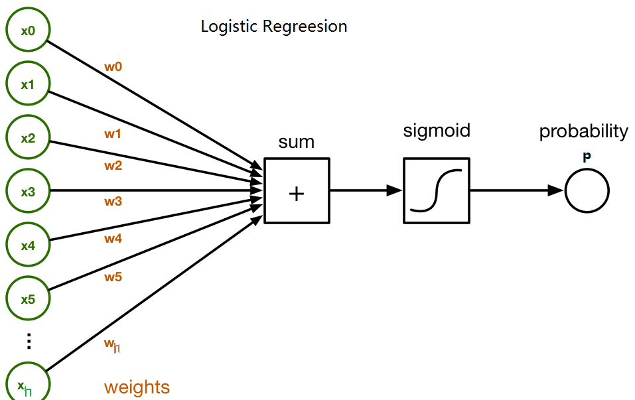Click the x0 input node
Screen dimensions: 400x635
[27, 31]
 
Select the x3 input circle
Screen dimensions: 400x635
[27, 192]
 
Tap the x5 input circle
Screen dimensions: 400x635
[27, 299]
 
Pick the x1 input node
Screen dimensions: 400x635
[27, 84]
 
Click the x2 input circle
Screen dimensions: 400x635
[27, 138]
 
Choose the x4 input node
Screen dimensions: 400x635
[27, 245]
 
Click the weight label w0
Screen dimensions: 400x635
[113, 67]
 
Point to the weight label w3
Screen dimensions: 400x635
[113, 201]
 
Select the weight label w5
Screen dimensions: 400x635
[113, 277]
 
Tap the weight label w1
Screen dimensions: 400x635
[113, 134]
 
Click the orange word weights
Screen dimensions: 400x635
[137, 387]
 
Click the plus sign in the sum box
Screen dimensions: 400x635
[297, 193]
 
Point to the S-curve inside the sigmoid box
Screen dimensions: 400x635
[436, 190]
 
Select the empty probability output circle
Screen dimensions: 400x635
[587, 191]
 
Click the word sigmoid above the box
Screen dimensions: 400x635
[436, 130]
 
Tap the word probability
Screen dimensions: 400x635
[583, 131]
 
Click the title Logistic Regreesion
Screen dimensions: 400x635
[274, 27]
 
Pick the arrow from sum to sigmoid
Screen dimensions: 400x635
[366, 190]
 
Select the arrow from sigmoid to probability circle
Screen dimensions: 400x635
[517, 190]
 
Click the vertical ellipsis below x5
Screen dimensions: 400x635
[28, 341]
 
